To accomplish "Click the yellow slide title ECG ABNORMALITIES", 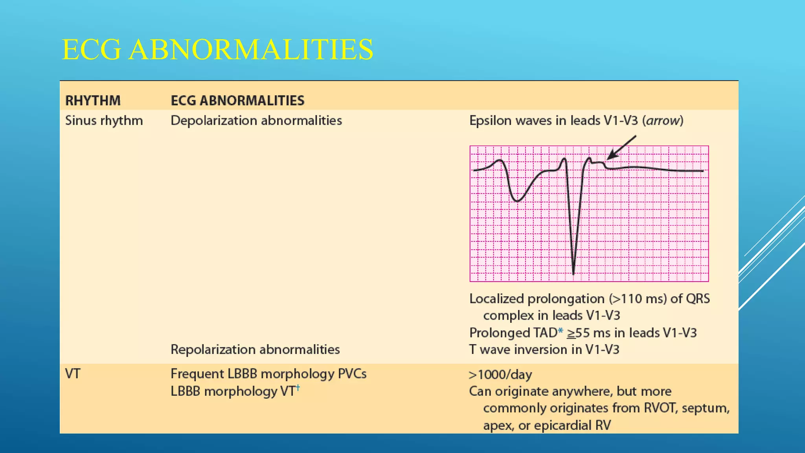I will pos(217,50).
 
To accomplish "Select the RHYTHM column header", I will pos(93,101).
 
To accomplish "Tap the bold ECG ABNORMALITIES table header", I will pos(237,101).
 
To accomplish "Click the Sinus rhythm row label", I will pos(104,120).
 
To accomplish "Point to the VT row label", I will pos(73,374).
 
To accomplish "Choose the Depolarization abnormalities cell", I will pos(256,120).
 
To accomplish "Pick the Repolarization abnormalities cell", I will pos(255,350).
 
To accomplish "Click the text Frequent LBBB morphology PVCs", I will pos(268,374).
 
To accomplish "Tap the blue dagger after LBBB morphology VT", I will pos(298,388).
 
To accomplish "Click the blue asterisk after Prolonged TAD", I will pos(561,331).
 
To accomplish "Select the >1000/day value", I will pos(500,375).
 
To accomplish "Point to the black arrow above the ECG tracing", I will pos(621,147).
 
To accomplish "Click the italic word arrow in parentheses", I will pos(663,120).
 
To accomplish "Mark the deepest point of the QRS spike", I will pos(573,273).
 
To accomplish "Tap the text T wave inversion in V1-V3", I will pos(544,350).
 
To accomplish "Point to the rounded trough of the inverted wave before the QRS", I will pos(517,201).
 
